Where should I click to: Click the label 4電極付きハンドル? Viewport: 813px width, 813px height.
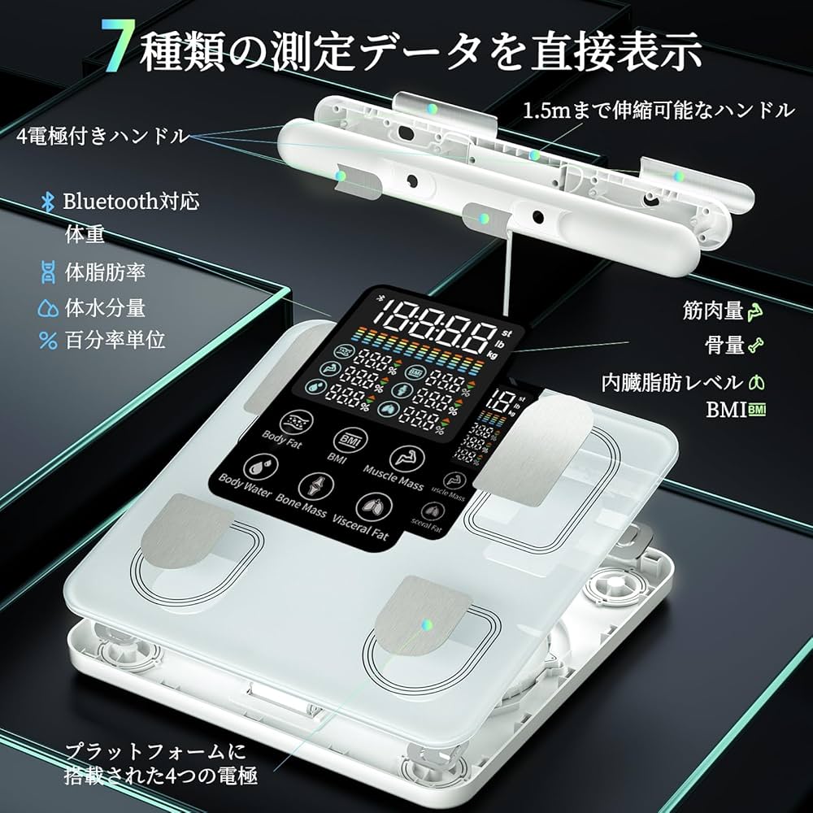tap(102, 136)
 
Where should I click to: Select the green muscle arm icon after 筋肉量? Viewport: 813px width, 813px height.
tap(757, 310)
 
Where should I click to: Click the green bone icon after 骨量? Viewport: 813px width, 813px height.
tap(757, 345)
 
